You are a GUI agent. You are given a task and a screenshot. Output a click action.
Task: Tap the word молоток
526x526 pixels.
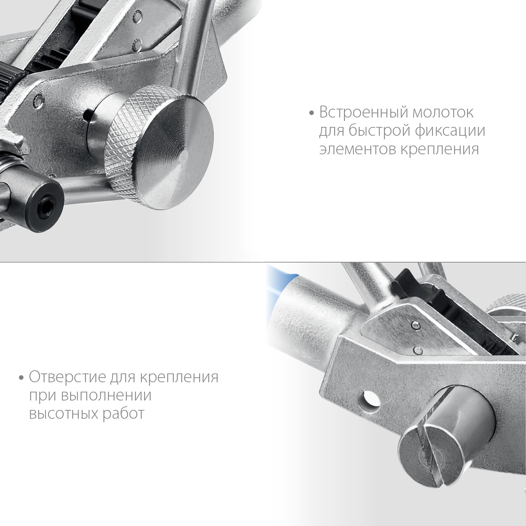(443, 113)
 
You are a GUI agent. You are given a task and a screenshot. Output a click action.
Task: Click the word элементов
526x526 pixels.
(357, 149)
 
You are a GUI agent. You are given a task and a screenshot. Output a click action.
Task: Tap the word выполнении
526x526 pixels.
(106, 396)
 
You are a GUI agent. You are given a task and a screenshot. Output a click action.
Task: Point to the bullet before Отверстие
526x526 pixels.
(22, 378)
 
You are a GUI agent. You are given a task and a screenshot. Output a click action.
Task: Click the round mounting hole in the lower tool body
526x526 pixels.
(370, 400)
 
